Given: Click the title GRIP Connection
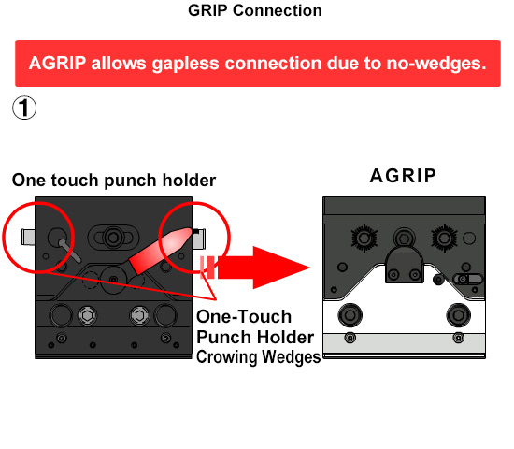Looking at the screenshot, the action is click(255, 10).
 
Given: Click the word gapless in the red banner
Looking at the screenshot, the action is click(185, 64).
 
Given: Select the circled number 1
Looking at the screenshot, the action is click(24, 108).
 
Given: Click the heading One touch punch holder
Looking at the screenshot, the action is click(114, 181).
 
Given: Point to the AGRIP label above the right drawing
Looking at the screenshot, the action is click(403, 176).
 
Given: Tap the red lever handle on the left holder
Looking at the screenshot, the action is click(161, 251).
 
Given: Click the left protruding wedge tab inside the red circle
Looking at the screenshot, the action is click(28, 237).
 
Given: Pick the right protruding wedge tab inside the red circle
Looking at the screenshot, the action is click(199, 239).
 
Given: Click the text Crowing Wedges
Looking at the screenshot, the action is click(258, 357).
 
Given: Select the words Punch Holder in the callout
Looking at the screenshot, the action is click(255, 337).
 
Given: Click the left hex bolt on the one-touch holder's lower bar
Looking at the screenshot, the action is click(87, 315).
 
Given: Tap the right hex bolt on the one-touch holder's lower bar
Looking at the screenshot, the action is click(139, 315).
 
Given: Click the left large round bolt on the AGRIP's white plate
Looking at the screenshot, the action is click(350, 315).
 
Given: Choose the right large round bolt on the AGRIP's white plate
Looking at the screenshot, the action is click(458, 315).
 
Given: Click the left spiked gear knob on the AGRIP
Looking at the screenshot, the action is click(364, 238).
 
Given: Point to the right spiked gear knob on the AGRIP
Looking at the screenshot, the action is click(444, 238).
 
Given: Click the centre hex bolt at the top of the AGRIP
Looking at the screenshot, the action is click(405, 238).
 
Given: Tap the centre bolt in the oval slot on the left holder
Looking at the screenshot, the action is click(113, 237).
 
